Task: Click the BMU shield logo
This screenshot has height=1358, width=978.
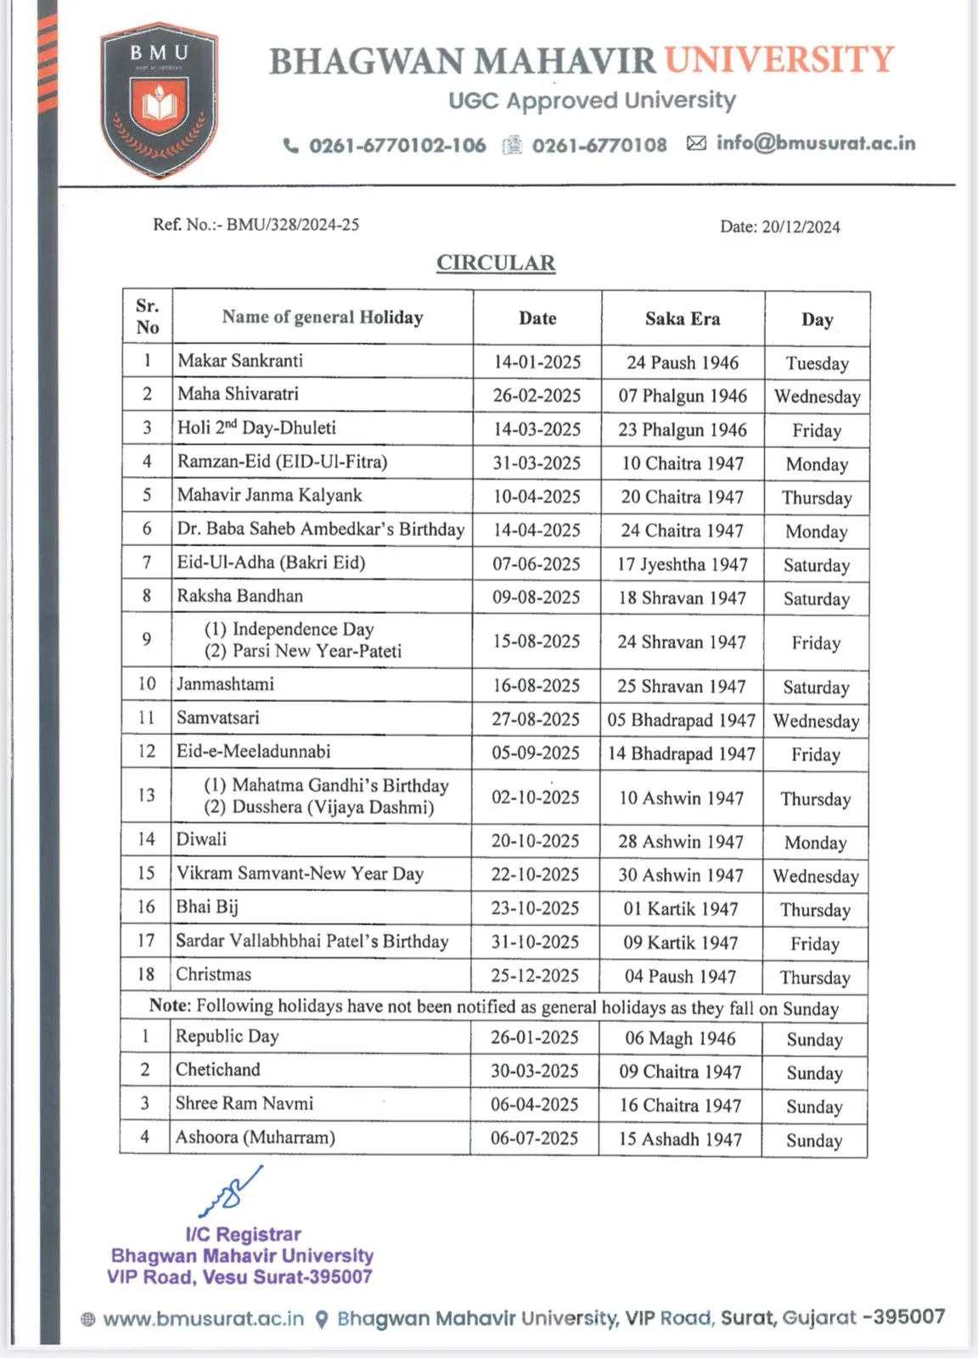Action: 159,100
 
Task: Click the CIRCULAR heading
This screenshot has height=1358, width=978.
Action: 496,263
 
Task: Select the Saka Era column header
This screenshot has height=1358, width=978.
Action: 683,319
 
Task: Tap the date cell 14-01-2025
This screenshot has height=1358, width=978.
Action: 537,362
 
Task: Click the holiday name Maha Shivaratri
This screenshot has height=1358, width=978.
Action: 238,394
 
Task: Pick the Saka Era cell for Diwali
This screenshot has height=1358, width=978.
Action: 681,842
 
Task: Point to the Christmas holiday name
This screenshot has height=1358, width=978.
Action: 214,974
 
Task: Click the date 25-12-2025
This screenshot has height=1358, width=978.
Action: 535,976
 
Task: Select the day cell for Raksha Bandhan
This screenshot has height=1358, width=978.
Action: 816,599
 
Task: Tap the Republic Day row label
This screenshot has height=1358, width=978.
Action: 227,1036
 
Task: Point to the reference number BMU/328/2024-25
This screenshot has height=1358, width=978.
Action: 292,225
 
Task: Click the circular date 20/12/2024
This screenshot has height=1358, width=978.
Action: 801,227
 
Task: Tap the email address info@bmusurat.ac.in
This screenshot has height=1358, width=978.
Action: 816,143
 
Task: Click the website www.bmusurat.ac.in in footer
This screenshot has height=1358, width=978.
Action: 203,1319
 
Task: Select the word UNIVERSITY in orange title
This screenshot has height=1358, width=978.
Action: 779,60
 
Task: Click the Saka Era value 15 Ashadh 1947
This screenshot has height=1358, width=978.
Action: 680,1139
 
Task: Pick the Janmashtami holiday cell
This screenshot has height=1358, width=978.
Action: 225,684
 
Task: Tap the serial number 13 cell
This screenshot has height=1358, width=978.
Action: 146,795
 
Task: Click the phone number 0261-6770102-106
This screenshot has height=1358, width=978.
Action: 397,145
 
